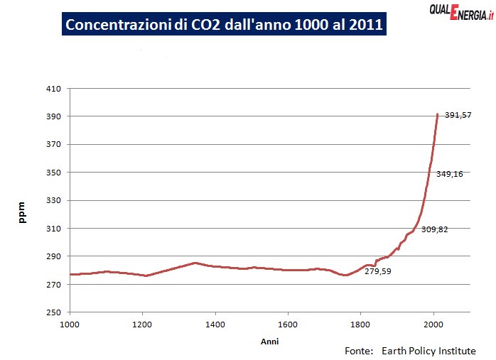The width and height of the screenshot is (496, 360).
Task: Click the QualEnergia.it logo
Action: point(460,11)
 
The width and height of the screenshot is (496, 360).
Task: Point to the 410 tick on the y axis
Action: point(54,89)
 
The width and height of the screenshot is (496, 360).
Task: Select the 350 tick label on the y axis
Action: point(54,173)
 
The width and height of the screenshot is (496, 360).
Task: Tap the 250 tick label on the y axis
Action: point(54,312)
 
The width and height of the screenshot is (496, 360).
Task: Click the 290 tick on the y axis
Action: point(54,256)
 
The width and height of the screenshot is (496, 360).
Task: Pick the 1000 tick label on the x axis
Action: point(70,324)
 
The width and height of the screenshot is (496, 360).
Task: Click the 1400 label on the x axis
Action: point(215,324)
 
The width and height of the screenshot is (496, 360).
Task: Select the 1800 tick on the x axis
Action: point(360,324)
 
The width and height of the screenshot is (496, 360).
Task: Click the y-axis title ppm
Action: point(22,214)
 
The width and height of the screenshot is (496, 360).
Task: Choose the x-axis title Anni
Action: point(269,341)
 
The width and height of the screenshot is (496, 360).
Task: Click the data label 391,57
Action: point(458,115)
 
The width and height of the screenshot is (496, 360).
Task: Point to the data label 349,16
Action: point(450,174)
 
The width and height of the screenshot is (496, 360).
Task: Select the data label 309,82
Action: point(435,229)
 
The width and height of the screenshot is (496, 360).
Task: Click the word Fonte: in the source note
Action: point(359,351)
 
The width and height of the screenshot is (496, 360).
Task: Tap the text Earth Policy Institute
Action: point(428,351)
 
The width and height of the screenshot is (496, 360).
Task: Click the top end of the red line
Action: point(437,114)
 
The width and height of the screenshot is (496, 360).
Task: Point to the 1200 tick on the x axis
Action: point(142,324)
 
